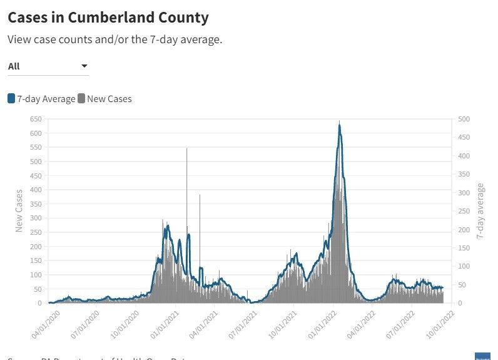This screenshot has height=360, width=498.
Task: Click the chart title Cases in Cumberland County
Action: (108, 17)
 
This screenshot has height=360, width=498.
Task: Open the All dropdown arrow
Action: (84, 66)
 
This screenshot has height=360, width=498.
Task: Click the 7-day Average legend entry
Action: (42, 98)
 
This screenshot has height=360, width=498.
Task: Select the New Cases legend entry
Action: (104, 98)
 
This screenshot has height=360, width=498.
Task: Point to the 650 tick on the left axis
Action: (35, 119)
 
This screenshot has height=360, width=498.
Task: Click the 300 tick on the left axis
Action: (35, 218)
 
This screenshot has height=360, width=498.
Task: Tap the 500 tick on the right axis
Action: (464, 119)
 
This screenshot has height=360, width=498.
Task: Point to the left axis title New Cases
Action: (19, 210)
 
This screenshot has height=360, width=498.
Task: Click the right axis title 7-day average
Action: (480, 211)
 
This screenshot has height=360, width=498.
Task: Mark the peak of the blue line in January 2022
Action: (339, 125)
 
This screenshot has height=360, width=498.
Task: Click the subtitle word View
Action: (19, 39)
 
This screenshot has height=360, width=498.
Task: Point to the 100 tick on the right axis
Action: (464, 266)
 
